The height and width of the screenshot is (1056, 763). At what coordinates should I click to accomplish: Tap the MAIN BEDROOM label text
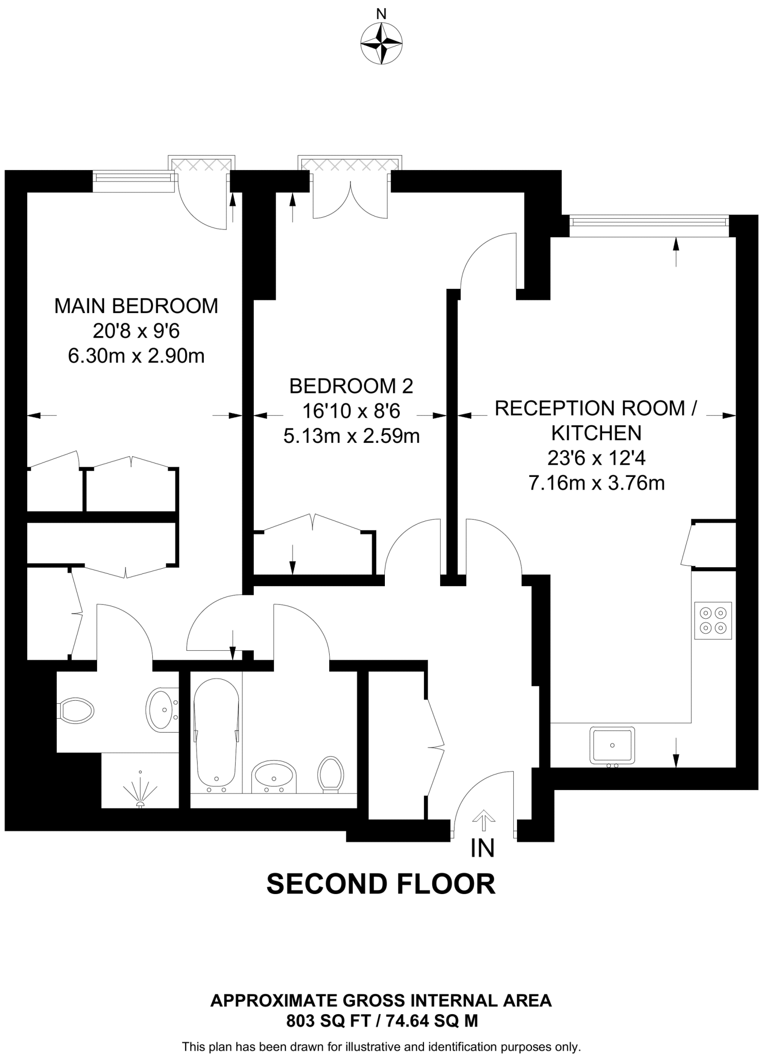pyautogui.click(x=136, y=306)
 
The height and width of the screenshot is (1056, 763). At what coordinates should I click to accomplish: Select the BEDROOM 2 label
pyautogui.click(x=351, y=386)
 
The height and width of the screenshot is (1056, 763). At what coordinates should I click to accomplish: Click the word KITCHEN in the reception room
pyautogui.click(x=596, y=433)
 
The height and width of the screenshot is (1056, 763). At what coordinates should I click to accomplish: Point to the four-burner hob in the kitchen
pyautogui.click(x=713, y=620)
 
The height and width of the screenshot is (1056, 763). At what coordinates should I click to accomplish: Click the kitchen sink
pyautogui.click(x=612, y=745)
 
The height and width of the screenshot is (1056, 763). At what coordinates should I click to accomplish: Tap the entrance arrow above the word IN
pyautogui.click(x=483, y=820)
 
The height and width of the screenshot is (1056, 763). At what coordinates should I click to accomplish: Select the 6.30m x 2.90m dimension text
pyautogui.click(x=136, y=356)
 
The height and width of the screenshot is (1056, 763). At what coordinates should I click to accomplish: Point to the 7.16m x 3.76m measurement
pyautogui.click(x=596, y=483)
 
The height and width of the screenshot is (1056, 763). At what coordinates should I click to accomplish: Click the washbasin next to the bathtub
pyautogui.click(x=274, y=776)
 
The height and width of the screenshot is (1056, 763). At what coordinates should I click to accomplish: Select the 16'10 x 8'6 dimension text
pyautogui.click(x=351, y=411)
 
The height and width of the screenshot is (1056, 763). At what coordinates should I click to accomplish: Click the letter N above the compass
pyautogui.click(x=381, y=14)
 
